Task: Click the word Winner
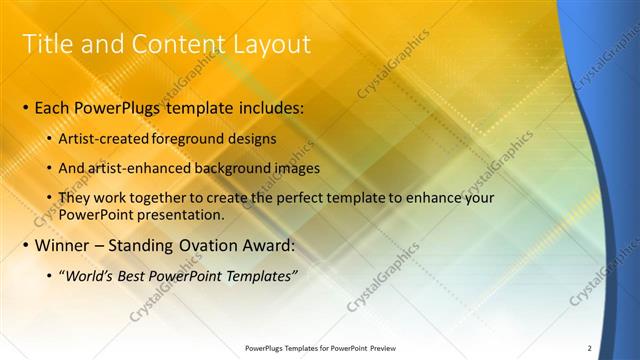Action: [62, 245]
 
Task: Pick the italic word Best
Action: [133, 275]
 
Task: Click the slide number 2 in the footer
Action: [589, 347]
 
